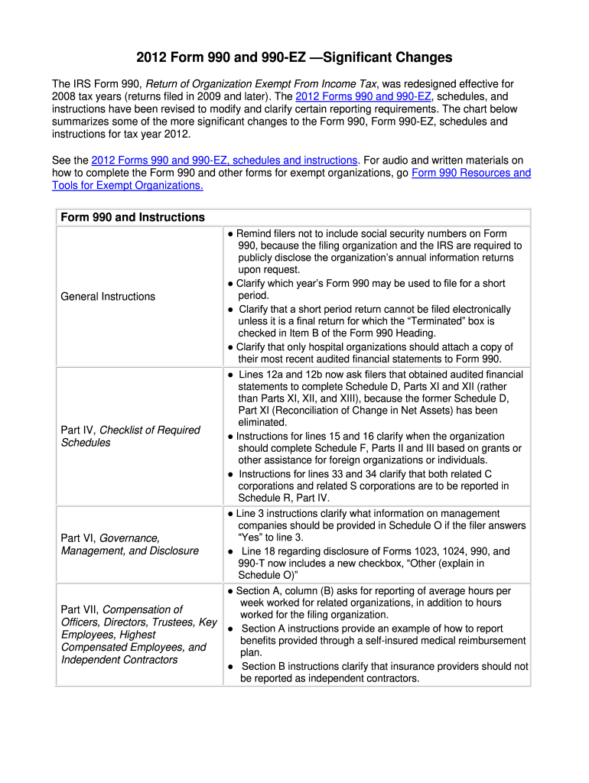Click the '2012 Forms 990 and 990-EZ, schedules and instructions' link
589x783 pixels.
pos(224,160)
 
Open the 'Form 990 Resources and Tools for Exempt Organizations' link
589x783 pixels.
pos(470,173)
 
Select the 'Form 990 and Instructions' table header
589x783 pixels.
pos(132,217)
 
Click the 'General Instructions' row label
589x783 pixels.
pos(108,296)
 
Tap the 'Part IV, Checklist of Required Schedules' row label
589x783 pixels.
pos(130,436)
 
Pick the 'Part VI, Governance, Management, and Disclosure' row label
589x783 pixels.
pos(129,544)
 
